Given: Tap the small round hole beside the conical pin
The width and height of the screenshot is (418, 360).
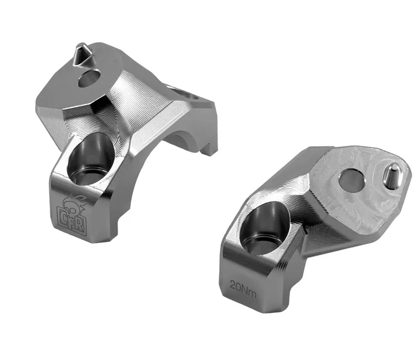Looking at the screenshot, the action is [x=89, y=78].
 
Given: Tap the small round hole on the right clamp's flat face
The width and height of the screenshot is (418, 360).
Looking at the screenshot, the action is [x=351, y=180].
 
